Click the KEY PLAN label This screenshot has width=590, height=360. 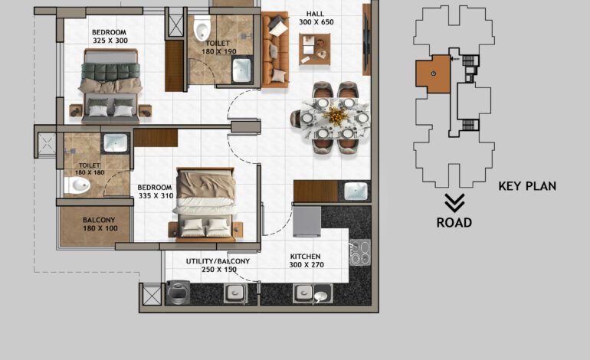click(527, 185)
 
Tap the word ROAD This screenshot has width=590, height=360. click(454, 223)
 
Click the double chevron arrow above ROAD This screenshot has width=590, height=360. click(454, 203)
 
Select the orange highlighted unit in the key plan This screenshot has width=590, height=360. click(433, 74)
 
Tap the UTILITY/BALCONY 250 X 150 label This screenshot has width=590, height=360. click(218, 266)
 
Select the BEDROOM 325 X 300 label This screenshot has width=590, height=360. click(110, 37)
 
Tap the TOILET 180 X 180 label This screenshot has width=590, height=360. click(90, 169)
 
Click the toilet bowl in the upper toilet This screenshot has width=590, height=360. click(202, 29)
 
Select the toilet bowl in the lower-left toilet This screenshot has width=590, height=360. click(80, 185)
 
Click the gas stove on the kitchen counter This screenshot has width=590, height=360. click(359, 251)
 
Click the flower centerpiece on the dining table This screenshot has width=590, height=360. click(334, 116)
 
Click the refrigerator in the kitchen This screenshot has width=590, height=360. click(306, 221)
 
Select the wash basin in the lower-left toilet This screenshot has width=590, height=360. click(115, 142)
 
